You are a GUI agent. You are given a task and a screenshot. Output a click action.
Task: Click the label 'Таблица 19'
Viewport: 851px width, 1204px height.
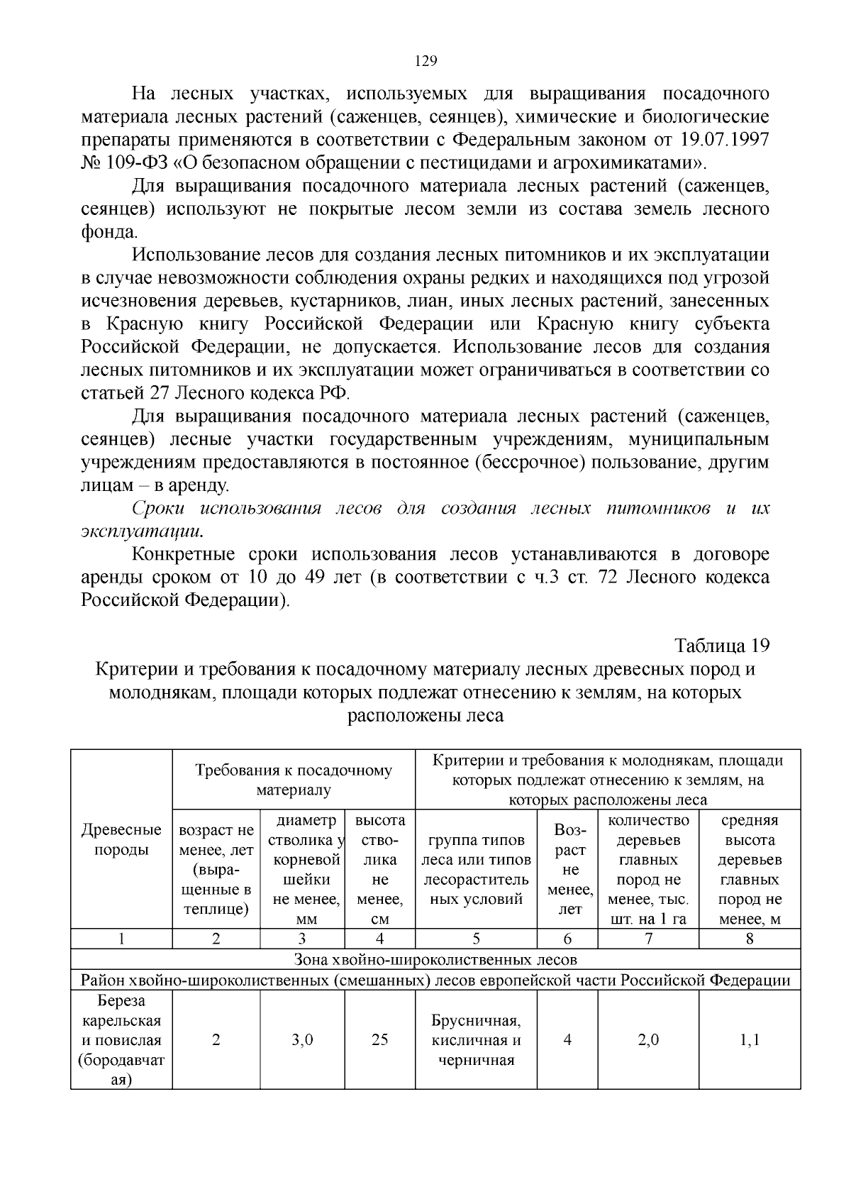(x=721, y=646)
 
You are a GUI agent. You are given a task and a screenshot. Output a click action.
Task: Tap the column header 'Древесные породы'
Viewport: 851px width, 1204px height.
(x=121, y=840)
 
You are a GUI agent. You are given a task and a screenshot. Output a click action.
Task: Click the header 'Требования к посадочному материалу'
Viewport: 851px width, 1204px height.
(x=294, y=780)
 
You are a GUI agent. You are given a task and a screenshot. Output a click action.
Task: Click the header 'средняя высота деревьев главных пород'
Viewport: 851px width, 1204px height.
(x=750, y=870)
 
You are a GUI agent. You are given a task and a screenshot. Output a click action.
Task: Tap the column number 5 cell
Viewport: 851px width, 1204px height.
(x=476, y=939)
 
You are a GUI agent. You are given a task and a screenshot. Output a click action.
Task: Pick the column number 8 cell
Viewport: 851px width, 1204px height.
(x=750, y=939)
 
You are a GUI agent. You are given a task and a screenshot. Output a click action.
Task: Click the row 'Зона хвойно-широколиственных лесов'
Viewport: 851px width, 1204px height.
(x=435, y=960)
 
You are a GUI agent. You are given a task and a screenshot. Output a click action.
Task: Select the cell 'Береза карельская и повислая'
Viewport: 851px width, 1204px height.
(x=121, y=1040)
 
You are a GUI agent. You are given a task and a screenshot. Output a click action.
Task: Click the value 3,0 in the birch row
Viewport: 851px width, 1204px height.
(x=302, y=1040)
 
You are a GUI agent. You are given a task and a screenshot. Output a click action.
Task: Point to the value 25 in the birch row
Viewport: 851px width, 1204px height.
(x=379, y=1040)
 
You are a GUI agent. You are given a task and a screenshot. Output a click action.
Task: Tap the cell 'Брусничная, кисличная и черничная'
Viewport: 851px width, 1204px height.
(x=476, y=1041)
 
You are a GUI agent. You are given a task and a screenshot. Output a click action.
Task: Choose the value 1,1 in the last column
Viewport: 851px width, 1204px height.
(x=750, y=1040)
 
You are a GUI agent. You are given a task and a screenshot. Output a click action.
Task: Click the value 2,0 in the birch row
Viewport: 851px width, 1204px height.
(x=648, y=1040)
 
